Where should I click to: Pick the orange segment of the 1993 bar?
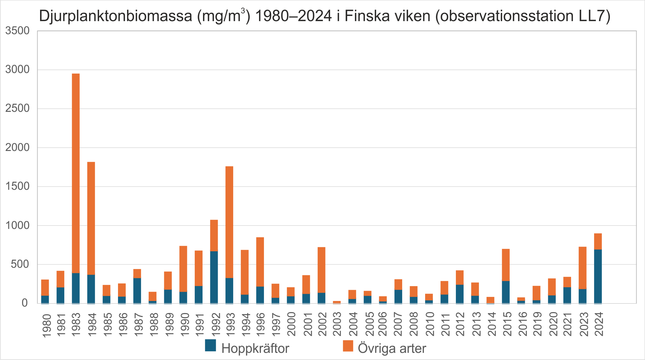click(x=229, y=222)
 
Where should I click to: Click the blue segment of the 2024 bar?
click(x=598, y=276)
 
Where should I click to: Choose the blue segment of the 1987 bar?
click(x=137, y=290)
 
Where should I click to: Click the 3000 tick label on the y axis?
click(x=17, y=70)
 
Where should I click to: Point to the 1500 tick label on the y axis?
click(x=17, y=186)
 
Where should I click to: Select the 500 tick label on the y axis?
click(x=20, y=264)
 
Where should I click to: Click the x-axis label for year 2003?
click(x=337, y=324)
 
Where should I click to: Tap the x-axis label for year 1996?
click(x=260, y=324)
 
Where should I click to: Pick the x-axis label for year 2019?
click(x=537, y=324)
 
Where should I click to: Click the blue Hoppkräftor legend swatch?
click(x=211, y=345)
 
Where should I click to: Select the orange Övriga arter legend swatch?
click(x=348, y=346)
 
